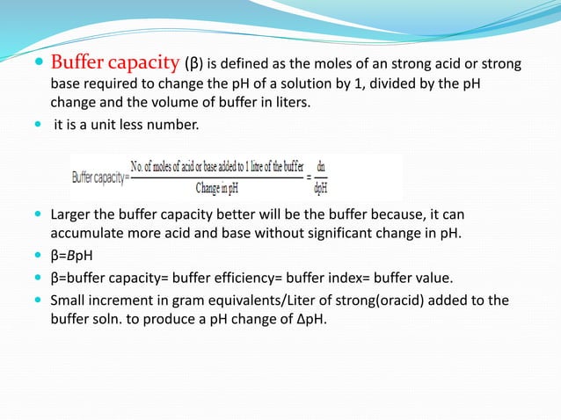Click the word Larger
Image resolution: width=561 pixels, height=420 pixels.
[72, 214]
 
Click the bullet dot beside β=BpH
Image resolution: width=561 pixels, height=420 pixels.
[39, 257]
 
